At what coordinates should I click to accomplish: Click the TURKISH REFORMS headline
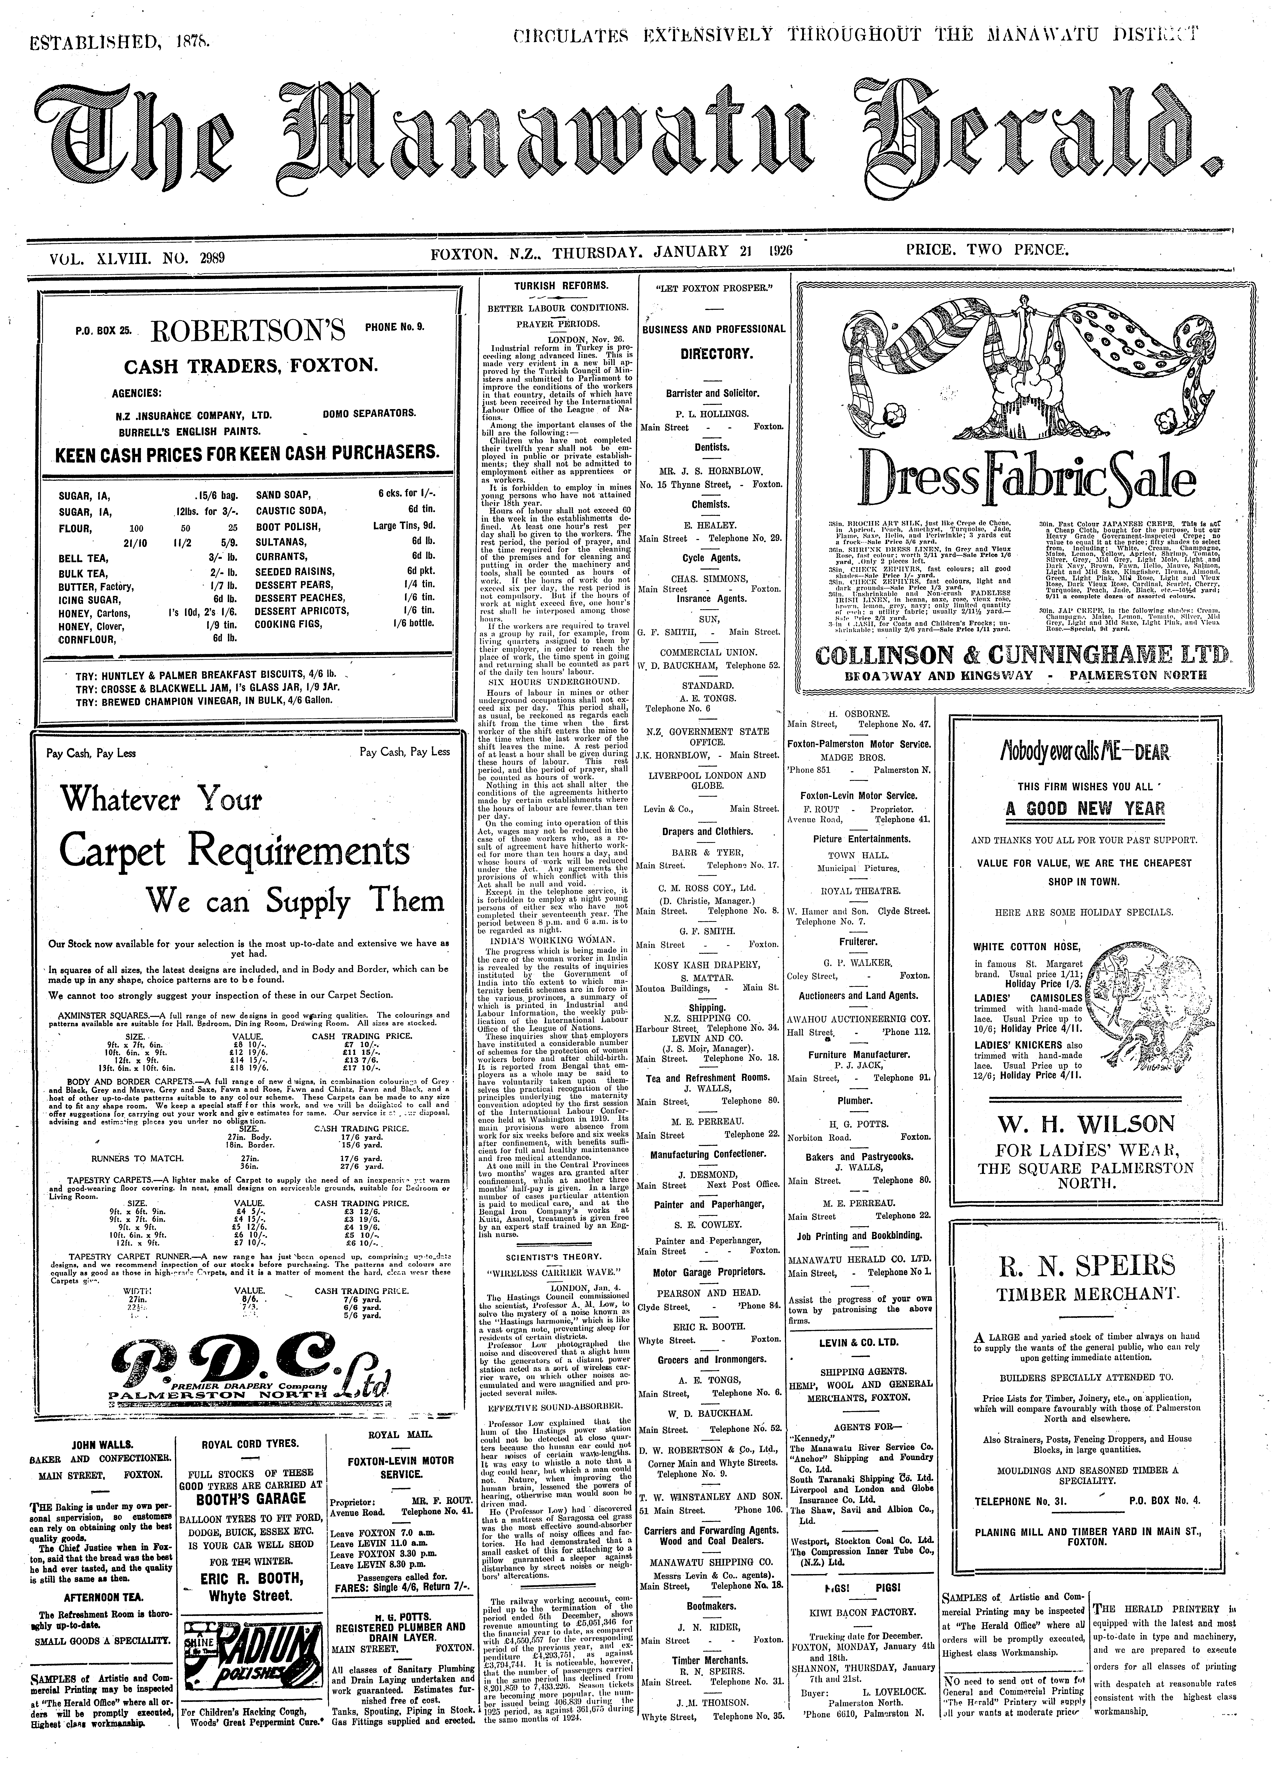(554, 286)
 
